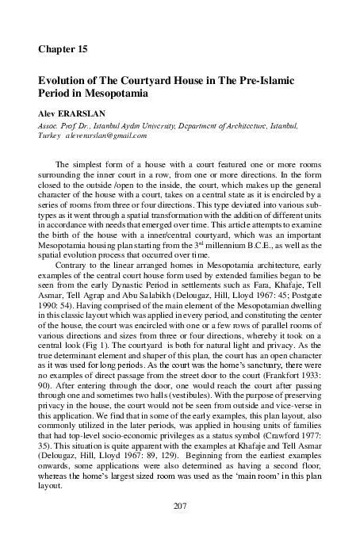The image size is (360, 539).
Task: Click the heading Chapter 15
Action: [63, 49]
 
